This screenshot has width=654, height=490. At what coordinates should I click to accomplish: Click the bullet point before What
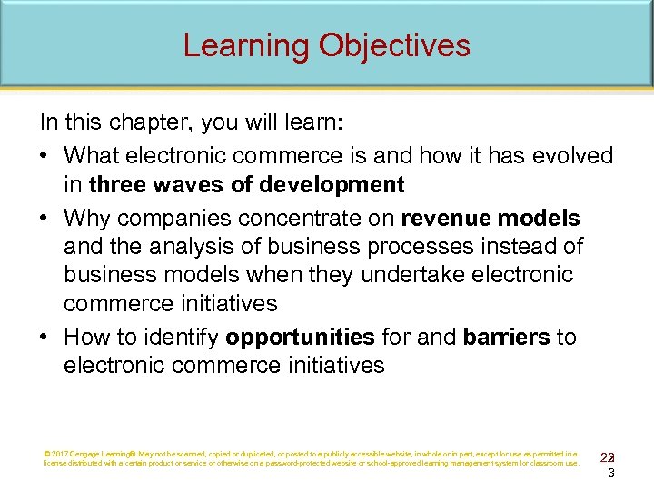[45, 156]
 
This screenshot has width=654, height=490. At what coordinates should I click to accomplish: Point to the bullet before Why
[45, 219]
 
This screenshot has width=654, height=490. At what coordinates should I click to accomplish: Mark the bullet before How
[45, 338]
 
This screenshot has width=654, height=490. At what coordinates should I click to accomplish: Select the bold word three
[116, 186]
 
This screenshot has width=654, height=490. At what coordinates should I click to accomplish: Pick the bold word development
[332, 186]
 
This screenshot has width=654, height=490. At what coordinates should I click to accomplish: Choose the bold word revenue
[442, 219]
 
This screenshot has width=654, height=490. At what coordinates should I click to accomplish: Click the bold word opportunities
[300, 338]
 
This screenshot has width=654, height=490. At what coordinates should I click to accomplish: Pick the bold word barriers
[506, 338]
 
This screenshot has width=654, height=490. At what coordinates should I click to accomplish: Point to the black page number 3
[611, 473]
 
